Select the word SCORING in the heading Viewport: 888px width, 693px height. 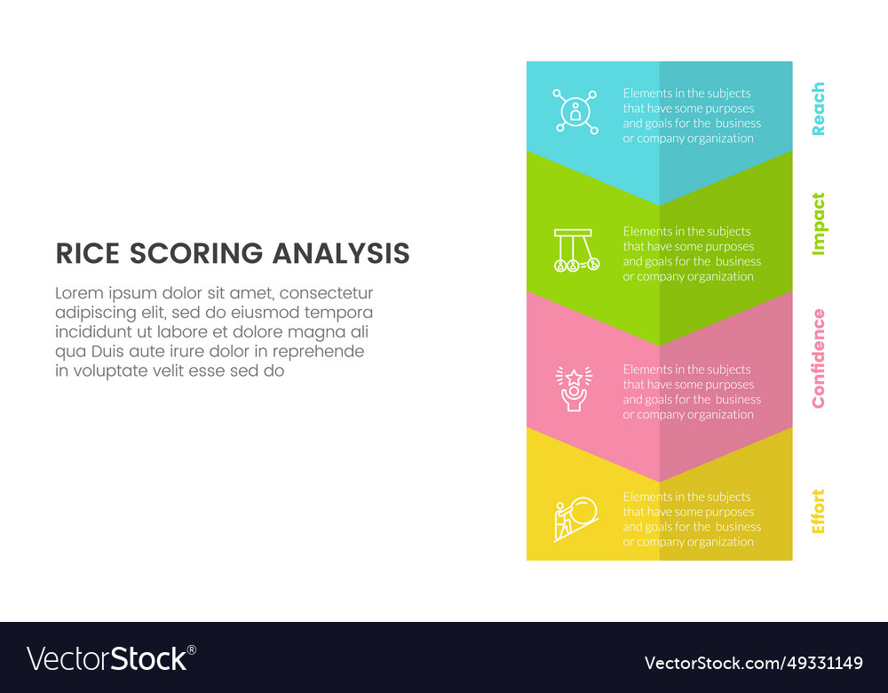[x=197, y=254]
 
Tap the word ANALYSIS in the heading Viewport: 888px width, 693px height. [x=341, y=254]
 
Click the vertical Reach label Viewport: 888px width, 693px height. [x=818, y=108]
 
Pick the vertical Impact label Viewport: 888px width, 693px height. [x=818, y=224]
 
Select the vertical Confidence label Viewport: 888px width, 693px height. [x=818, y=358]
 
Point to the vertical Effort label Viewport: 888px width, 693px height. [x=818, y=511]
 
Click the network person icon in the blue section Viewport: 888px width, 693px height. [x=575, y=112]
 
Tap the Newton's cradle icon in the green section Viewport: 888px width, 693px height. [x=575, y=250]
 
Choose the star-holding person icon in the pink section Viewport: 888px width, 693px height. [x=575, y=389]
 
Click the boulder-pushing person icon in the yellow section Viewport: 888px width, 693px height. [x=575, y=520]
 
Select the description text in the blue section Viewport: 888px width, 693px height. [x=691, y=115]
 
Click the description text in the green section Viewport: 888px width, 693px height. [x=691, y=254]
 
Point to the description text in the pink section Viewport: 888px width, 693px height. [x=691, y=392]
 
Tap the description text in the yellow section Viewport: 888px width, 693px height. [x=691, y=520]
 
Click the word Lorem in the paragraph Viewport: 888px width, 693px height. [x=78, y=293]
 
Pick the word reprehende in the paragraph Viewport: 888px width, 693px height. [x=319, y=352]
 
